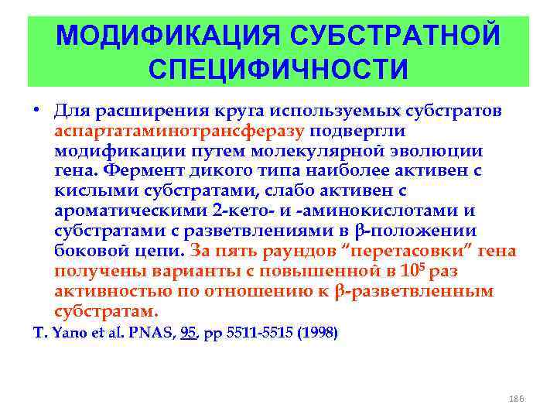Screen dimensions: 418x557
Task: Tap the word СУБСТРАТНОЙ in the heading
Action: (395, 36)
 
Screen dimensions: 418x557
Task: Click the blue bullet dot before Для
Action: (36, 111)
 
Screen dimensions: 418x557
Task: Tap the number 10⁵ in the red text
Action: (413, 271)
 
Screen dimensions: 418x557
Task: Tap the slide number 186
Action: (518, 397)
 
